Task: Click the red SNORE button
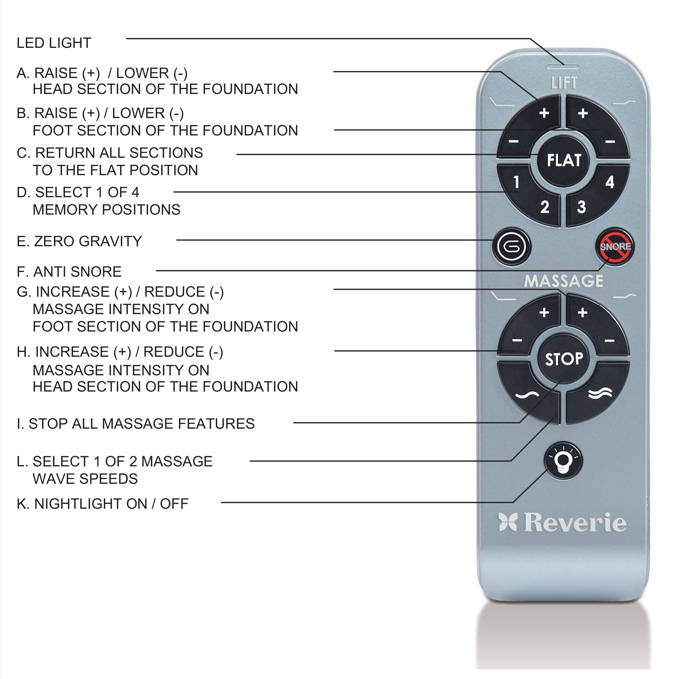(x=615, y=246)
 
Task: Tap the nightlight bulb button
(x=563, y=460)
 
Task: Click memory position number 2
(x=544, y=207)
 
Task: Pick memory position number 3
(x=581, y=207)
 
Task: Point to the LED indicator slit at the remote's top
(x=563, y=66)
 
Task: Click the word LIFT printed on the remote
(x=564, y=83)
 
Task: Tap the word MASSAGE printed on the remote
(x=563, y=281)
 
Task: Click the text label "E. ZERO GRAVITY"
(x=79, y=241)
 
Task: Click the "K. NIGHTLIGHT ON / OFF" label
(x=102, y=504)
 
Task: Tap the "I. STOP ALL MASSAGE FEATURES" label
(x=135, y=423)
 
